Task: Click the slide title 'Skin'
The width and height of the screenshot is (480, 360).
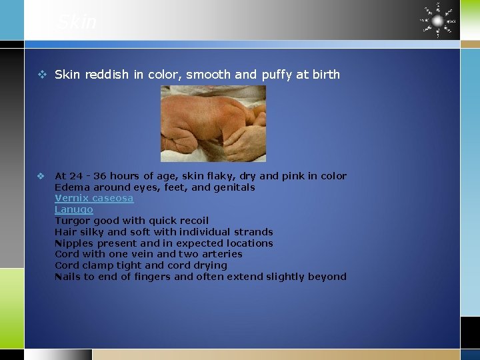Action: point(77,22)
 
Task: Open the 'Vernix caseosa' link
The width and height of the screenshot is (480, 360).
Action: point(94,198)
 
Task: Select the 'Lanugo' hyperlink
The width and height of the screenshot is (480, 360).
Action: point(74,209)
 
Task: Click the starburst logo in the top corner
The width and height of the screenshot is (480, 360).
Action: point(437,20)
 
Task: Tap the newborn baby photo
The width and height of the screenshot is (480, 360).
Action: point(213,123)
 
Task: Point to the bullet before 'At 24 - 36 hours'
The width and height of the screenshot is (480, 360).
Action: point(41,176)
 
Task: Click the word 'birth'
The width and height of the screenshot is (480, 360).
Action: point(325,75)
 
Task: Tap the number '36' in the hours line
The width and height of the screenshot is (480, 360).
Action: point(99,176)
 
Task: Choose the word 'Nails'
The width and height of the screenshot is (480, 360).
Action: point(67,277)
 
